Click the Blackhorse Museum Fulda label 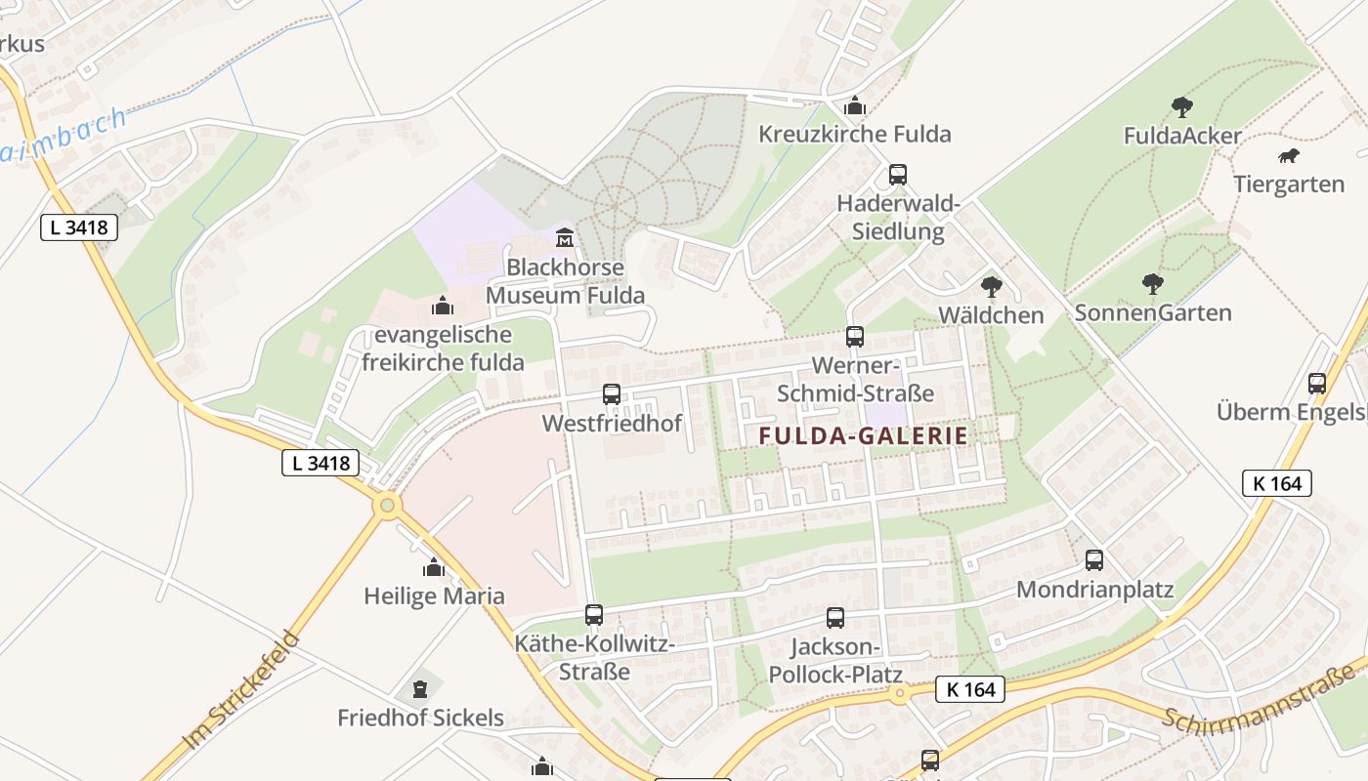566,281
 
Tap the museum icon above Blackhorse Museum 565,237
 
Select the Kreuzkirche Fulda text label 855,134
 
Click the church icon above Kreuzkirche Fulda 855,104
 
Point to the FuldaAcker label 1182,136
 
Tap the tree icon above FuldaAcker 1182,106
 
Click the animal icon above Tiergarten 1289,156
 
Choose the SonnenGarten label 1153,312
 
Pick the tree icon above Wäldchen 992,286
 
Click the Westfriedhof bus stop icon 612,394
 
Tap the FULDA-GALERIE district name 864,436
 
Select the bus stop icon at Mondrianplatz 1094,560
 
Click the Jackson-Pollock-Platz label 835,661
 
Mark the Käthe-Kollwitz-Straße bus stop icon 594,615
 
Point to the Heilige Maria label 435,596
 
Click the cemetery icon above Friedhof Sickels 420,689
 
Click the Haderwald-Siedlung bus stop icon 898,176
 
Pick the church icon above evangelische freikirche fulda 443,307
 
